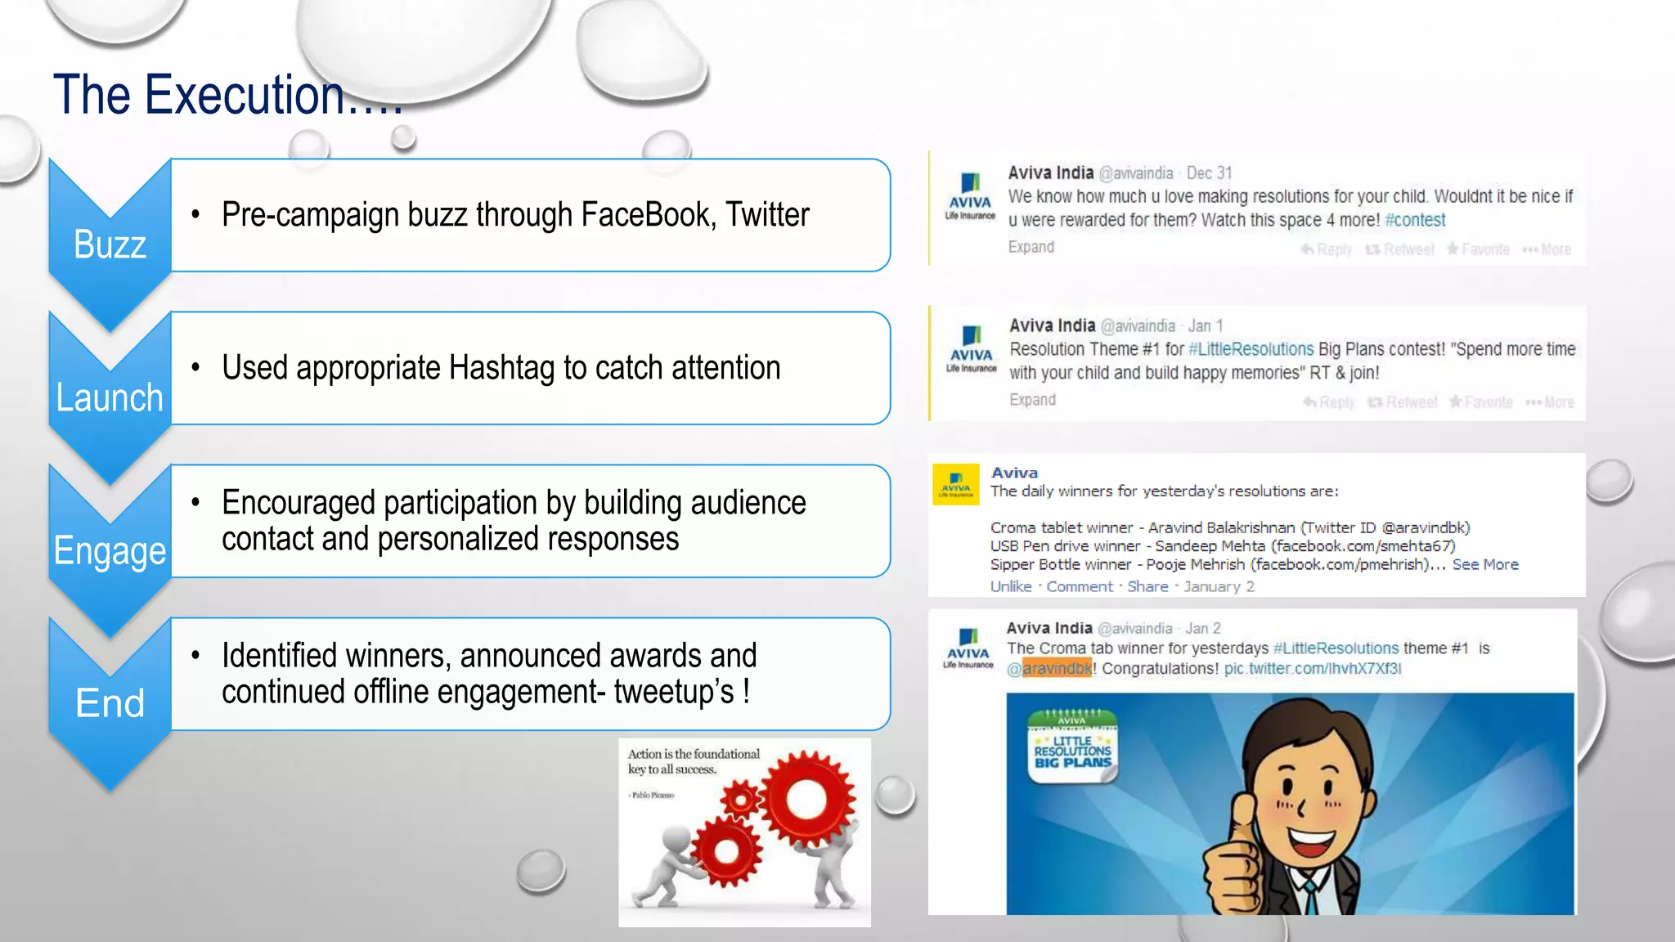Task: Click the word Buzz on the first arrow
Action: tap(110, 244)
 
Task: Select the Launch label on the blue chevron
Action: tap(110, 398)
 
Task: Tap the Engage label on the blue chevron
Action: tap(110, 551)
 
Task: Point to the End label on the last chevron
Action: tap(110, 703)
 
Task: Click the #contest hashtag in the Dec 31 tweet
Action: tap(1415, 220)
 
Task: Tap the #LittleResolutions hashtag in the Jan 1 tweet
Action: tap(1251, 349)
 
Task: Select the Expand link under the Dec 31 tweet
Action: tap(1031, 247)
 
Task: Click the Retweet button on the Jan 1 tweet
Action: tap(1403, 402)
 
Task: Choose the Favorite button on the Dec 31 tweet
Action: tap(1479, 249)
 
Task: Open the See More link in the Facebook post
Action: tap(1485, 564)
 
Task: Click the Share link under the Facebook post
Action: tap(1147, 586)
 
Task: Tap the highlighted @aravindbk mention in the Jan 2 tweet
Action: tap(1050, 669)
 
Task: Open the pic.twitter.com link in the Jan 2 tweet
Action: tap(1312, 669)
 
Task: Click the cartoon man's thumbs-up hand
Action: tap(1235, 859)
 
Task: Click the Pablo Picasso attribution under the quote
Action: tap(653, 795)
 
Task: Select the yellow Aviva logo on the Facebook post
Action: tap(956, 485)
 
